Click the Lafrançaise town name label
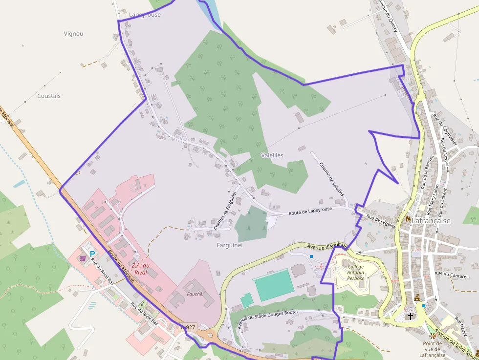[x=431, y=221]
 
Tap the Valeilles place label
[x=272, y=155]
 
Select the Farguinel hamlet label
[x=229, y=245]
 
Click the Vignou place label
[x=73, y=34]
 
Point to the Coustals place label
[x=49, y=96]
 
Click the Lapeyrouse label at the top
[x=145, y=15]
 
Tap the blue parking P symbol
[x=92, y=254]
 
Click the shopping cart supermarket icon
[x=83, y=258]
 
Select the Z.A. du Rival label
[x=140, y=269]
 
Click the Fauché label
[x=195, y=294]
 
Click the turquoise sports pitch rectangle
[x=274, y=285]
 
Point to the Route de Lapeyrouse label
[x=310, y=211]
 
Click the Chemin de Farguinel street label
[x=225, y=211]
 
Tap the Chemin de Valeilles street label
[x=331, y=179]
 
